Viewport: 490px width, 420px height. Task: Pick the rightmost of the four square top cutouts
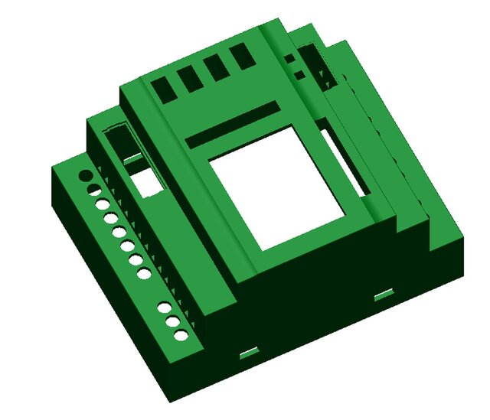[x=243, y=56]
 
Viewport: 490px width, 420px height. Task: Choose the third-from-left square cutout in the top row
[x=217, y=67]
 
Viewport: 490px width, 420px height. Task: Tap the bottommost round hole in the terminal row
[x=181, y=336]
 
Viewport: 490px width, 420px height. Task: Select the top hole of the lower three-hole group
[x=164, y=308]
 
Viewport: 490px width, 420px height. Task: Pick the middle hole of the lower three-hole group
[x=172, y=321]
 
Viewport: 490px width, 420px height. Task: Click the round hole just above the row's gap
[x=144, y=274]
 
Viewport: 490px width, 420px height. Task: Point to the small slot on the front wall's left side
[x=248, y=352]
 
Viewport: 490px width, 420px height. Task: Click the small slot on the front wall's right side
[x=384, y=294]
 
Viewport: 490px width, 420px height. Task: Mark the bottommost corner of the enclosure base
[x=170, y=400]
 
